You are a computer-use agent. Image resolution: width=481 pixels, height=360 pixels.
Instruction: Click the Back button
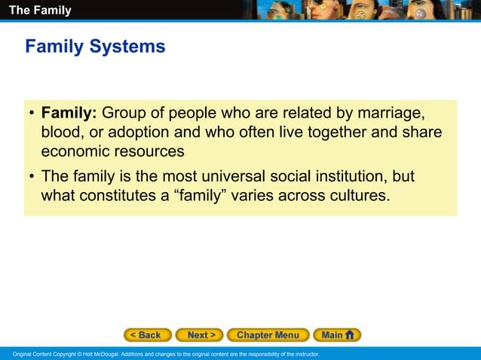click(148, 335)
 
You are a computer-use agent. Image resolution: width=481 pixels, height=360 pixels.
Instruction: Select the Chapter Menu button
click(268, 335)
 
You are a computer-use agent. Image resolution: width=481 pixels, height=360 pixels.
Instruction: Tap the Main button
click(337, 335)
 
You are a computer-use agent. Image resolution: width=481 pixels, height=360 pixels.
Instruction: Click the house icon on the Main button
click(351, 335)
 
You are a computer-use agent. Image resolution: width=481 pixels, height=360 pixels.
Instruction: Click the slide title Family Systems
click(95, 47)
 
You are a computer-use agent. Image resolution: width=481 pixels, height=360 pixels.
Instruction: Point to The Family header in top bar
click(40, 11)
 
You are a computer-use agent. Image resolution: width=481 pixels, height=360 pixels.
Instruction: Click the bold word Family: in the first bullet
click(69, 113)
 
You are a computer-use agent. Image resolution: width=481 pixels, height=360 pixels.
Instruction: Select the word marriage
click(391, 113)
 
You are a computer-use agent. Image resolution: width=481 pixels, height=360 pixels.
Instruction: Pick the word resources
click(150, 151)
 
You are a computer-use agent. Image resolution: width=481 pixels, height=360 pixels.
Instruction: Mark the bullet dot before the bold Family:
click(32, 114)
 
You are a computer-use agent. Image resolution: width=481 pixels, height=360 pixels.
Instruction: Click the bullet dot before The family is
click(32, 178)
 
